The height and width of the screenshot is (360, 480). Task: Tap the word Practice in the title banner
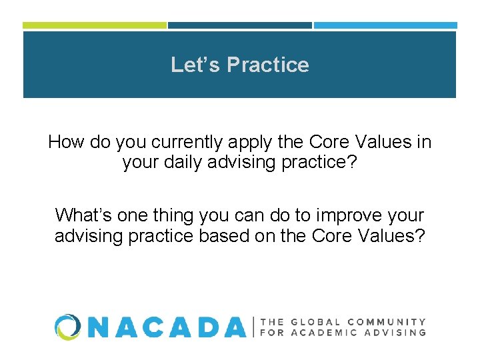(x=268, y=65)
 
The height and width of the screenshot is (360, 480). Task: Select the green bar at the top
(x=94, y=25)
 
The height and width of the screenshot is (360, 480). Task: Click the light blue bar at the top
(x=385, y=25)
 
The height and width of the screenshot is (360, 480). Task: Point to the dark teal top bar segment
(x=239, y=25)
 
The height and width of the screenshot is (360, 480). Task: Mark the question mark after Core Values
(x=419, y=235)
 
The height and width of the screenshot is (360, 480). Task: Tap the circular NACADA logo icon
(x=67, y=327)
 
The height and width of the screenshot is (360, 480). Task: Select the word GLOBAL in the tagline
(x=318, y=321)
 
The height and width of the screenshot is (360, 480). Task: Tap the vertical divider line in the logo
(x=253, y=327)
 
